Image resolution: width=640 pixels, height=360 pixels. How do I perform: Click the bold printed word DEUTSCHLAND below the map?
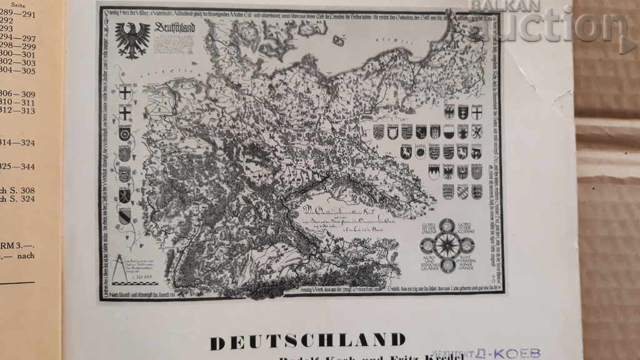coord(307,341)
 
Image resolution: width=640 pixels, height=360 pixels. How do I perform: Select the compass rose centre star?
coord(447,245)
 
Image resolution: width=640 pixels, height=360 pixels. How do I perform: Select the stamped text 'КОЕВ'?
coord(521,354)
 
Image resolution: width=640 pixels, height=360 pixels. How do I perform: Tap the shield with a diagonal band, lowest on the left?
coord(124,217)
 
